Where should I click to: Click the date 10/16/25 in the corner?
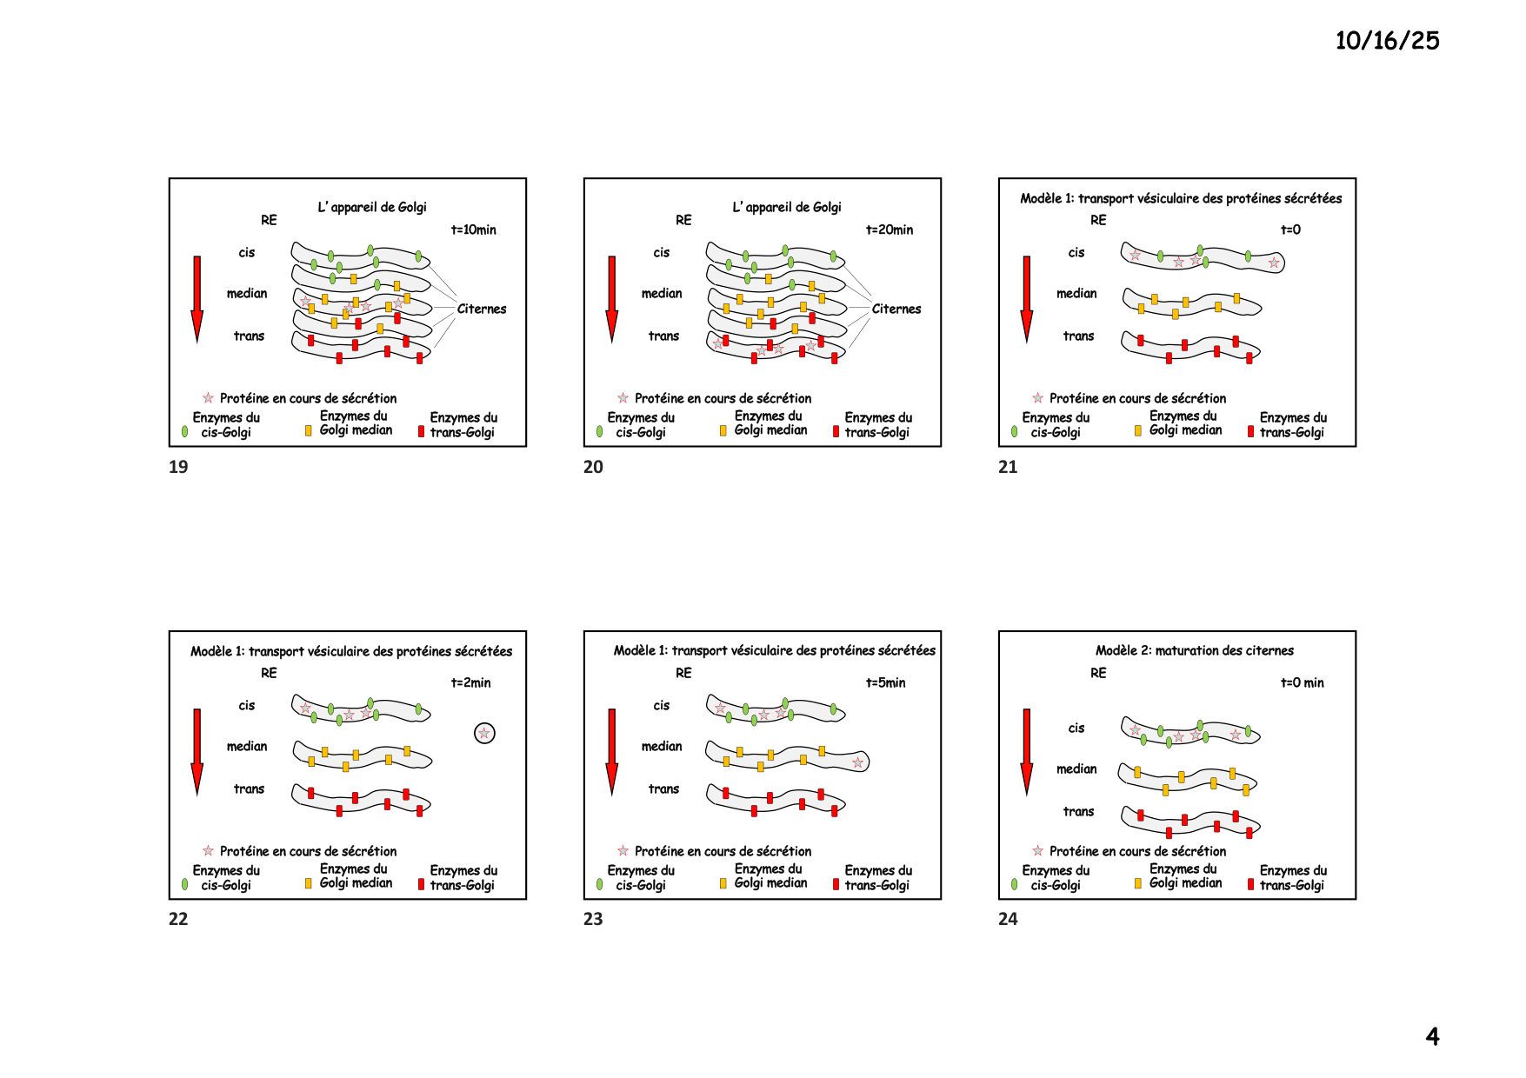point(1387,41)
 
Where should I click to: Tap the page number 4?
point(1432,1036)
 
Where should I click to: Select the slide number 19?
point(178,467)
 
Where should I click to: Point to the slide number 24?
point(1008,919)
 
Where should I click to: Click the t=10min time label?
point(474,230)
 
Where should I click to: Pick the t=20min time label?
point(889,230)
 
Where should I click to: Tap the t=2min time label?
point(470,682)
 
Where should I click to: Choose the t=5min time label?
point(885,682)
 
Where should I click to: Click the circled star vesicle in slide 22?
point(484,733)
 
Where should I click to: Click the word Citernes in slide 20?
point(896,309)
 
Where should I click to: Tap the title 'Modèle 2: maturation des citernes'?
point(1194,650)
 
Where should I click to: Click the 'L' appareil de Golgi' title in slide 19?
point(372,207)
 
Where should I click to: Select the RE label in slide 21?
point(1098,220)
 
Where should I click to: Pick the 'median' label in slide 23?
point(662,746)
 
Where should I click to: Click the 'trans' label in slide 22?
point(249,789)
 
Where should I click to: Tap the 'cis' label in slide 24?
point(1076,728)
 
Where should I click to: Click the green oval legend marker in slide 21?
point(1015,431)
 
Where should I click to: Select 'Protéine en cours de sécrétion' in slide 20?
point(723,398)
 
